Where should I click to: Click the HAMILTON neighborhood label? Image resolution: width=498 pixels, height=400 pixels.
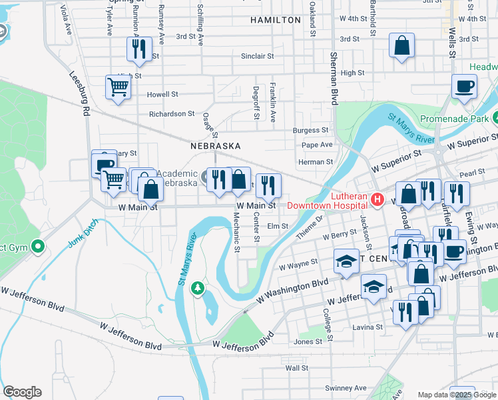pos(276,20)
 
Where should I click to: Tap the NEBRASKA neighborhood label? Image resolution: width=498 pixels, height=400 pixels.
pos(215,145)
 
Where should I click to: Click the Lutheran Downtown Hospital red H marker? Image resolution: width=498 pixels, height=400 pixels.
pos(377,199)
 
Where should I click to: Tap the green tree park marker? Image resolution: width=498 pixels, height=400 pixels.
pos(197,287)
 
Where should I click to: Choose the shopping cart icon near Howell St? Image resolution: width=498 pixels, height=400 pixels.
pos(118,87)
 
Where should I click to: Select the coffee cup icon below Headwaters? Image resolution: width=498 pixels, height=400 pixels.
pos(464,86)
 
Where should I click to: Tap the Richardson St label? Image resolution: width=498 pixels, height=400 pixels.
pos(172,114)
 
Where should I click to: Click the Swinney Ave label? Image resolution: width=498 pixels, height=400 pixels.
pos(346,388)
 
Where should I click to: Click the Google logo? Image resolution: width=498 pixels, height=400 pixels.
pos(22,392)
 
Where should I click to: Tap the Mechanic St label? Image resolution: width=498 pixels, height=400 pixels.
pos(237,234)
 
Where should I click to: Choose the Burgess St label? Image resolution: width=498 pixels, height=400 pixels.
pos(315,130)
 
